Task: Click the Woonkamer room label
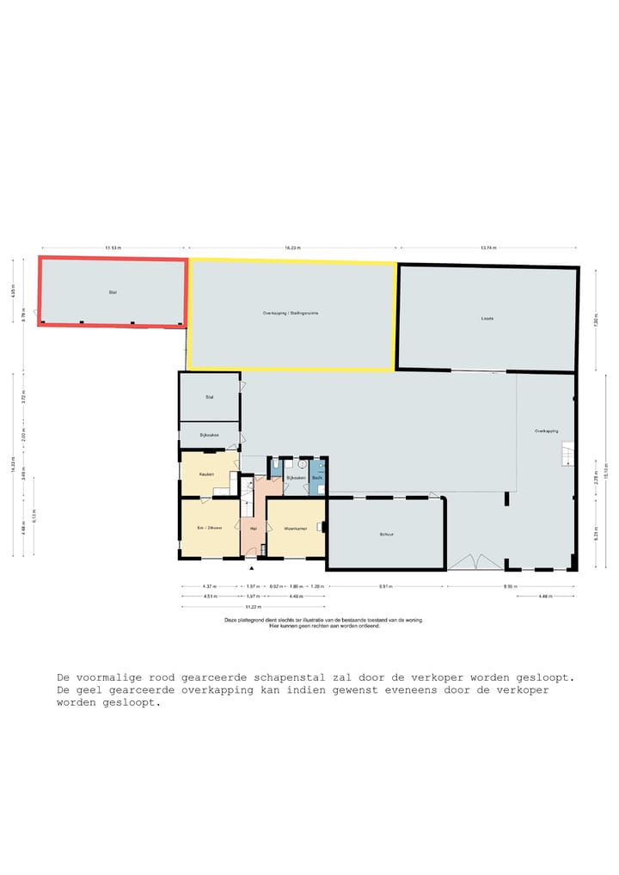(x=296, y=529)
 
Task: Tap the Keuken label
(x=206, y=474)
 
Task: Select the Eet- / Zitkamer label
(x=210, y=528)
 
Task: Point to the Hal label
(x=253, y=529)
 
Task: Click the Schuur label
(x=386, y=534)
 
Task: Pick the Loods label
(x=487, y=318)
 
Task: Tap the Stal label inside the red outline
(x=113, y=292)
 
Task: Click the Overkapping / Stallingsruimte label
(x=291, y=313)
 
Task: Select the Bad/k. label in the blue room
(x=317, y=477)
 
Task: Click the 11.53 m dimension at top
(x=113, y=248)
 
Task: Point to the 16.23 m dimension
(x=292, y=248)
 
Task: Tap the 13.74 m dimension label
(x=488, y=248)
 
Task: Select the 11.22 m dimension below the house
(x=253, y=606)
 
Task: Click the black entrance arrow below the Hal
(x=252, y=568)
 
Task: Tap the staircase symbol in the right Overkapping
(x=567, y=453)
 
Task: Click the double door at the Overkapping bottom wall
(x=475, y=562)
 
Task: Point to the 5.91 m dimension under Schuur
(x=386, y=587)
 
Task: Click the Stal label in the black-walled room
(x=209, y=397)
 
